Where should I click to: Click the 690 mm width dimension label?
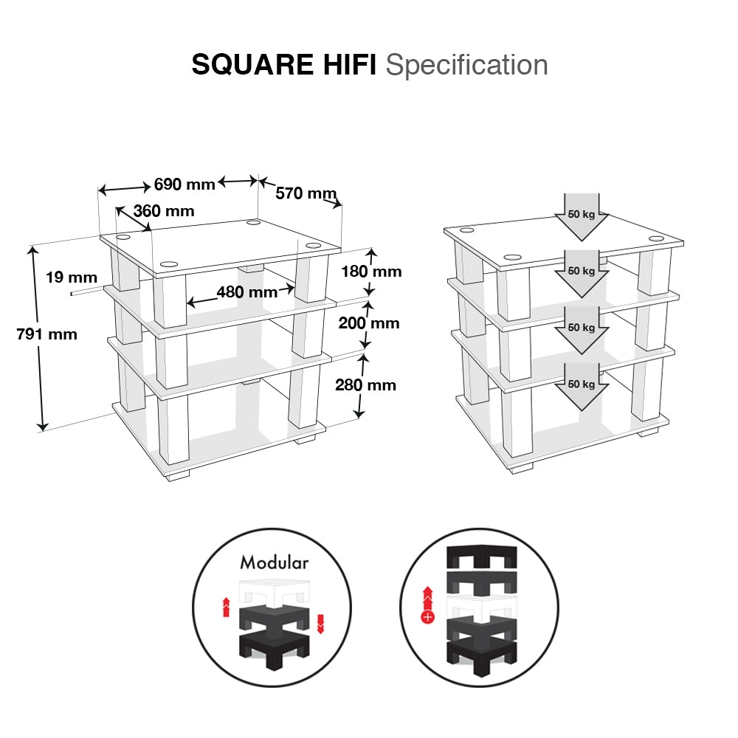coord(184,184)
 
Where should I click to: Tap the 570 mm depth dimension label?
coord(306,193)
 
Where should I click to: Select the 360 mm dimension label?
coord(164,211)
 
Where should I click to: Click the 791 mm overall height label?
coord(46,334)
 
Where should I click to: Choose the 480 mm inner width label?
coord(246,292)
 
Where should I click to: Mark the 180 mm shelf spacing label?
coord(371,272)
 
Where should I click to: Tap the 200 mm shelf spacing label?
coord(370,323)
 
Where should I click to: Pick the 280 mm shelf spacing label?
coord(365,384)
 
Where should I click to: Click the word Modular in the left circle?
coord(274,562)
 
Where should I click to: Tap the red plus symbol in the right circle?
coord(427,616)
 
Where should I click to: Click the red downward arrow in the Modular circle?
coord(320,624)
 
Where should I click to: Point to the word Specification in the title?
coord(466,65)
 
